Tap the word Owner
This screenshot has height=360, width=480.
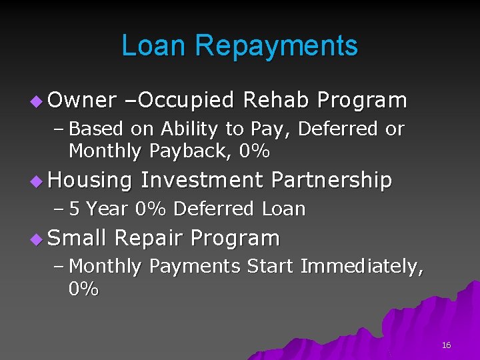82,100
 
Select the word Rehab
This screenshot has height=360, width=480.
275,100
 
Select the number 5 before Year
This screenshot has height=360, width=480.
75,209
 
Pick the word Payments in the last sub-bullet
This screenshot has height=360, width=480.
195,267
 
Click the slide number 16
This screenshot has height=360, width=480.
446,345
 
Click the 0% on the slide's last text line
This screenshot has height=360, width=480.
83,289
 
